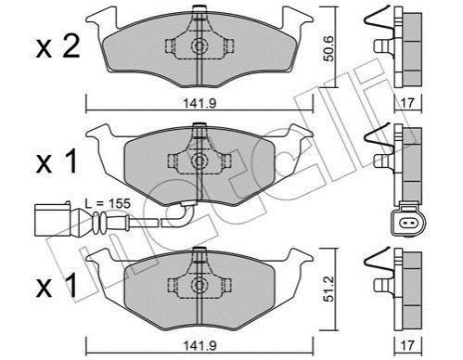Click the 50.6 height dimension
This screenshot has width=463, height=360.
click(x=329, y=48)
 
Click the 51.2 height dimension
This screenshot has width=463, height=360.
click(x=329, y=289)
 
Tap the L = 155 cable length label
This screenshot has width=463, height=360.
click(x=108, y=203)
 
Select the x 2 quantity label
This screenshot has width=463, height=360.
click(x=58, y=47)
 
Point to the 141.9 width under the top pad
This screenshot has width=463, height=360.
click(x=199, y=104)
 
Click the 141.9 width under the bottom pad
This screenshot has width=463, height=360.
click(x=199, y=345)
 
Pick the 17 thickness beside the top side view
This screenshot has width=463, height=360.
click(x=407, y=103)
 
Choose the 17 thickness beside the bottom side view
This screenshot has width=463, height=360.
click(x=407, y=345)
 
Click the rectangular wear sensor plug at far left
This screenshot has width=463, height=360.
click(x=53, y=220)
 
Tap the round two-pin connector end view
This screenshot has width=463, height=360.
click(x=407, y=222)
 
